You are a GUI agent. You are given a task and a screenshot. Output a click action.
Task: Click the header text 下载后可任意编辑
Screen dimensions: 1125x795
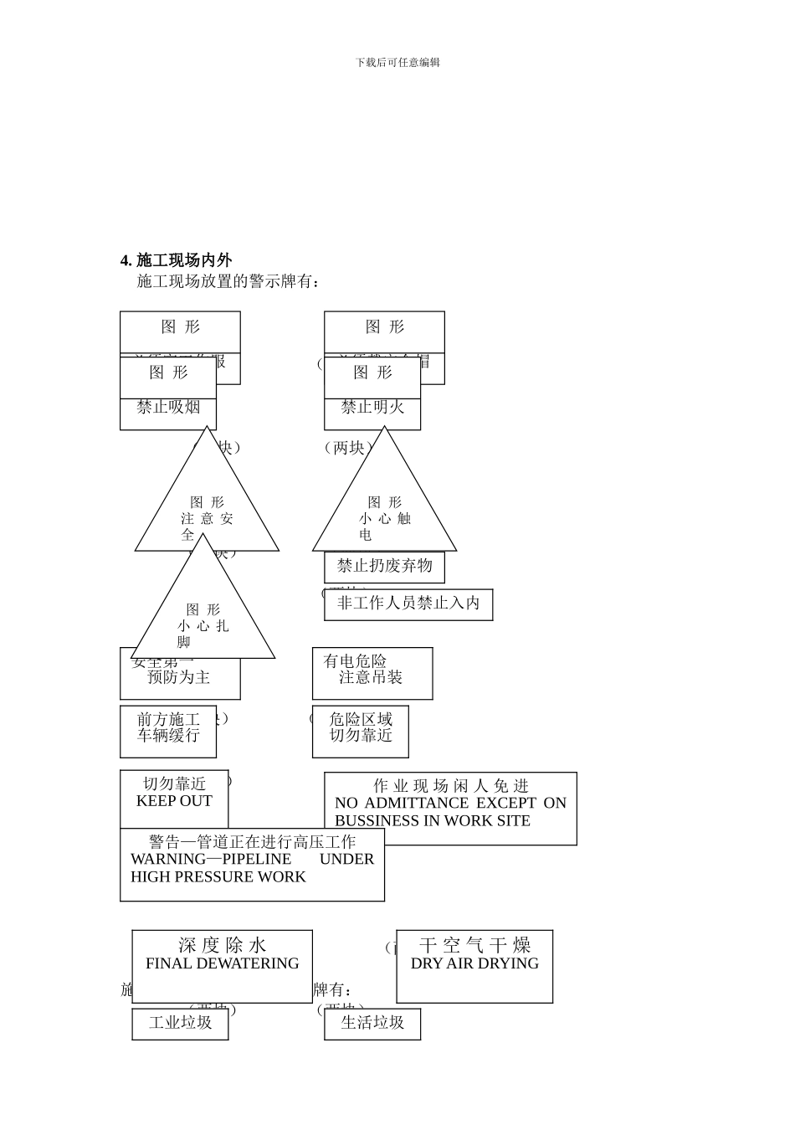click(397, 62)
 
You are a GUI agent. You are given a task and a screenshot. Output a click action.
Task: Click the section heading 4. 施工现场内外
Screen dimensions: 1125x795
click(176, 260)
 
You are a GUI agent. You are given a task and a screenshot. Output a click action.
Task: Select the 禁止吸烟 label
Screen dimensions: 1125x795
click(168, 408)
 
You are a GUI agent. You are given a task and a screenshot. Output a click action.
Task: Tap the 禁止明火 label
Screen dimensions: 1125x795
click(372, 408)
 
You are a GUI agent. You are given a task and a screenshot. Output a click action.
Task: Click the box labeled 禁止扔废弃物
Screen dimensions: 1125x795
click(384, 567)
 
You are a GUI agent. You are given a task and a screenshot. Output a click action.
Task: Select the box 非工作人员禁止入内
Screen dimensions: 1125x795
click(408, 604)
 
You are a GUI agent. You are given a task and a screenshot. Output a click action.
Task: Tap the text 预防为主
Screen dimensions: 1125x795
click(179, 677)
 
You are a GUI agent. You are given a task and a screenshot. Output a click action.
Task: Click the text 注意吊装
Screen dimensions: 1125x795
click(371, 677)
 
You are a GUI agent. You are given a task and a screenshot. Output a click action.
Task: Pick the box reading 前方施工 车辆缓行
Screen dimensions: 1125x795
click(168, 727)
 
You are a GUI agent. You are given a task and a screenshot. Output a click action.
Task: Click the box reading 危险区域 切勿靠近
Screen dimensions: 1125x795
click(361, 727)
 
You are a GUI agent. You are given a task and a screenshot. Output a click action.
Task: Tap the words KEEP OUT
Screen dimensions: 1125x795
click(174, 801)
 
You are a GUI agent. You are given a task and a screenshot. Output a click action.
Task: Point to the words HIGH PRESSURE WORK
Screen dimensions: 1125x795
click(218, 876)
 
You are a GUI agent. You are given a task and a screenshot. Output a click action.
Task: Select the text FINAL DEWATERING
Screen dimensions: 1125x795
click(222, 963)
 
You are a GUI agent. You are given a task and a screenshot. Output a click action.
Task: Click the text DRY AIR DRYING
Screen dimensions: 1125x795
click(474, 963)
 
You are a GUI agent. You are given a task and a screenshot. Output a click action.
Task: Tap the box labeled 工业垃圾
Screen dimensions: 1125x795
click(180, 1023)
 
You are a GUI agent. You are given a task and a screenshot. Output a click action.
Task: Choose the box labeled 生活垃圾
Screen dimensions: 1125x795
click(372, 1023)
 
